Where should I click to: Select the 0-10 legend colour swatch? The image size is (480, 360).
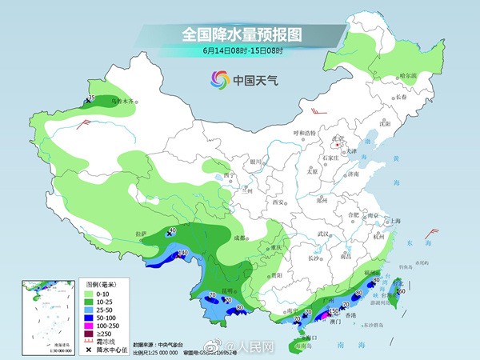point(90,294)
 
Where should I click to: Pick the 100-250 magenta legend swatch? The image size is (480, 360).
point(90,326)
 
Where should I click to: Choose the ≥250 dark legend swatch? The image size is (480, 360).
point(90,334)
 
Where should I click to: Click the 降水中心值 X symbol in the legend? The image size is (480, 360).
point(90,350)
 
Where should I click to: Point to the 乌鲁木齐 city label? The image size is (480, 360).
point(125,102)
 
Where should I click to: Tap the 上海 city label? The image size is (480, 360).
point(394,220)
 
